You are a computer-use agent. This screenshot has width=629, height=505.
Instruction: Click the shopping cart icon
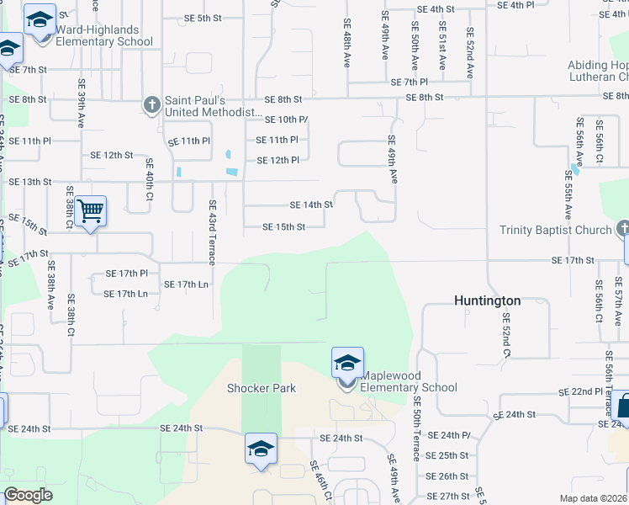pyautogui.click(x=90, y=210)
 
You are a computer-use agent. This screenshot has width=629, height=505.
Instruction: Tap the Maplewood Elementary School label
pyautogui.click(x=409, y=381)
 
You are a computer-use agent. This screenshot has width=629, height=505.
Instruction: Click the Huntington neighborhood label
pyautogui.click(x=487, y=300)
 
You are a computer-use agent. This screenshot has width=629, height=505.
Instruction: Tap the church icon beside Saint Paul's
pyautogui.click(x=152, y=105)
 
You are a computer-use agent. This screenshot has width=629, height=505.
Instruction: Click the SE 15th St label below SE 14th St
pyautogui.click(x=283, y=226)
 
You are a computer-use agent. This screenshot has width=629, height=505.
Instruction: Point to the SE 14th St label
pyautogui.click(x=311, y=205)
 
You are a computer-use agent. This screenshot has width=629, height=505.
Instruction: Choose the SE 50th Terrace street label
pyautogui.click(x=416, y=430)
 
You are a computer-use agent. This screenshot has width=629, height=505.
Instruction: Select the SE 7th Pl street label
pyautogui.click(x=410, y=82)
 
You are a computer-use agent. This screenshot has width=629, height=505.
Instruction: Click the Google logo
pyautogui.click(x=28, y=495)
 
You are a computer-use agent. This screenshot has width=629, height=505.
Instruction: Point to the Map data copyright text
pyautogui.click(x=593, y=498)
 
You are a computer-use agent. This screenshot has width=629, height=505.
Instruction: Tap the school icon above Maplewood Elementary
pyautogui.click(x=347, y=363)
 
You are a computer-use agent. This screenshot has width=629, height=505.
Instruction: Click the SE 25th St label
pyautogui.click(x=447, y=455)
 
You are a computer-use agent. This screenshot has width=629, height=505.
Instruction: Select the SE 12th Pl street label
pyautogui.click(x=277, y=160)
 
